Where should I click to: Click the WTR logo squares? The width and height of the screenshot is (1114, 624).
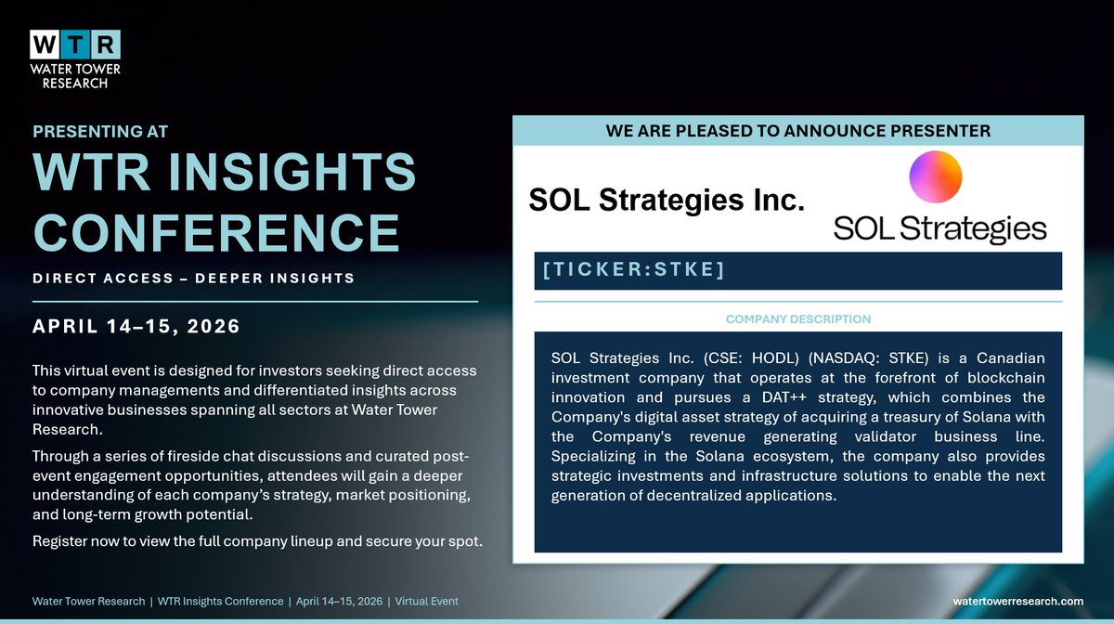tap(75, 44)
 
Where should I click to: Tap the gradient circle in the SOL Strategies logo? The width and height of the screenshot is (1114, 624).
tap(935, 177)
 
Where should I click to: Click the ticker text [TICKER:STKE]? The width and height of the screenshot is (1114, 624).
tap(631, 270)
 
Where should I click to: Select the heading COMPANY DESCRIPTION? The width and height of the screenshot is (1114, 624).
tap(797, 318)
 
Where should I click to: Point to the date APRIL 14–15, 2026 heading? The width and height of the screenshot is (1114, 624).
tap(136, 327)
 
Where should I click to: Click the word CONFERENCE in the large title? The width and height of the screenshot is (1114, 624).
tap(216, 231)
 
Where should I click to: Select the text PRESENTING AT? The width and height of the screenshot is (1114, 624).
tap(99, 131)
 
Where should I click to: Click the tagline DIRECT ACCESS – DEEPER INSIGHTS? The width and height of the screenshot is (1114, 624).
tap(193, 278)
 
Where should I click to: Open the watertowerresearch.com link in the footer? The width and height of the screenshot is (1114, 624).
tap(1018, 602)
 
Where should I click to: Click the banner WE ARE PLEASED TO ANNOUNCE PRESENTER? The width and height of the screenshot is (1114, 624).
tap(797, 131)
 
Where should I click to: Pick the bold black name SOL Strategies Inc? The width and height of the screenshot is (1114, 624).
tap(666, 199)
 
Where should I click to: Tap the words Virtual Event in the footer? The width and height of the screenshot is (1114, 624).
tap(426, 602)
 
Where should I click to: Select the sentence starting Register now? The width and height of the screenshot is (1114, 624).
tap(257, 540)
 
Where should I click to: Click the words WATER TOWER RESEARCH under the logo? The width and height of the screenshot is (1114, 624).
tap(75, 76)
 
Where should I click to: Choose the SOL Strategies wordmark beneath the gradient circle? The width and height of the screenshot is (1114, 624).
tap(939, 228)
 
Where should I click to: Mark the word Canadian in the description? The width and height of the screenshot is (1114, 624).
tap(1010, 358)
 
